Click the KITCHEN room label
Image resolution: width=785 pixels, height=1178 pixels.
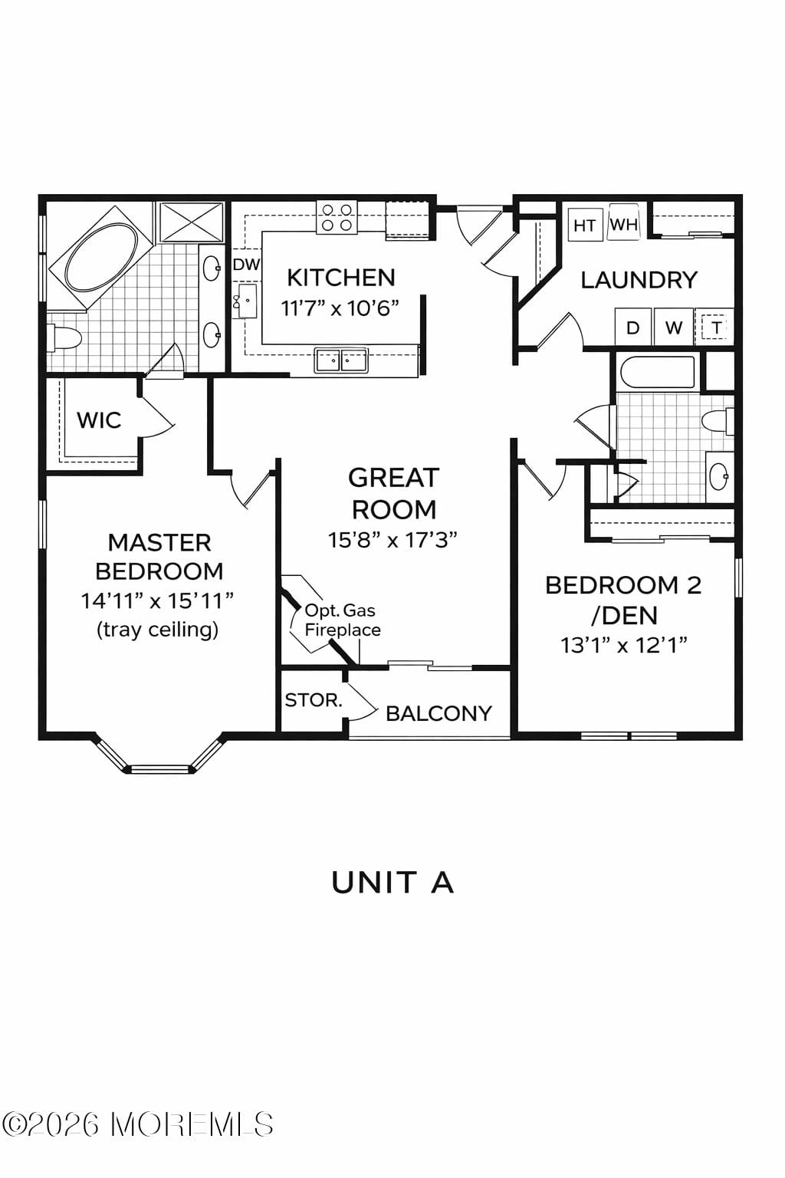click(x=340, y=278)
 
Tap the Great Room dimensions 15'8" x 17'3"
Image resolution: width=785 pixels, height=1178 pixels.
click(x=392, y=540)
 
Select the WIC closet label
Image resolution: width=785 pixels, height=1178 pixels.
click(x=99, y=420)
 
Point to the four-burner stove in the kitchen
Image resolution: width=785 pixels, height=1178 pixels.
click(x=337, y=216)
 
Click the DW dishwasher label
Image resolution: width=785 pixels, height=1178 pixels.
click(x=246, y=265)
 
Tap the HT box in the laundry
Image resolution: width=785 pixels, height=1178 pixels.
click(x=584, y=225)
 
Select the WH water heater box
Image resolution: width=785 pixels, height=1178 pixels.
click(x=623, y=225)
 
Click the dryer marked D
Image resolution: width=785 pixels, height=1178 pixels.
click(x=632, y=327)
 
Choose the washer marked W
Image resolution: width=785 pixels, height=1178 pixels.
click(x=673, y=327)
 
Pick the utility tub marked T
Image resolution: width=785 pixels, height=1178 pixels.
click(x=715, y=327)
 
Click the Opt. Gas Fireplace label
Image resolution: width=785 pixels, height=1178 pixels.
click(x=342, y=620)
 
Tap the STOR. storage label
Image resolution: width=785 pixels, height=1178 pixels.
click(x=313, y=700)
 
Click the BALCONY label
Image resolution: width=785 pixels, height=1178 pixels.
click(x=438, y=713)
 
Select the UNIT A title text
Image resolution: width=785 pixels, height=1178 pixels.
click(x=392, y=883)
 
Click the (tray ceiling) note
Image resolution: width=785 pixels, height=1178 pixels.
click(x=158, y=630)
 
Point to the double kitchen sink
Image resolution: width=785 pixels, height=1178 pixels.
click(x=341, y=359)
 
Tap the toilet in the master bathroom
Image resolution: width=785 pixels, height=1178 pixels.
click(x=64, y=337)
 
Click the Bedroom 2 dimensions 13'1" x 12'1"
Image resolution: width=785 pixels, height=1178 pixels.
click(x=623, y=645)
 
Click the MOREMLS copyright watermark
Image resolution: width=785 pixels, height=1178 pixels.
click(x=138, y=1124)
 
